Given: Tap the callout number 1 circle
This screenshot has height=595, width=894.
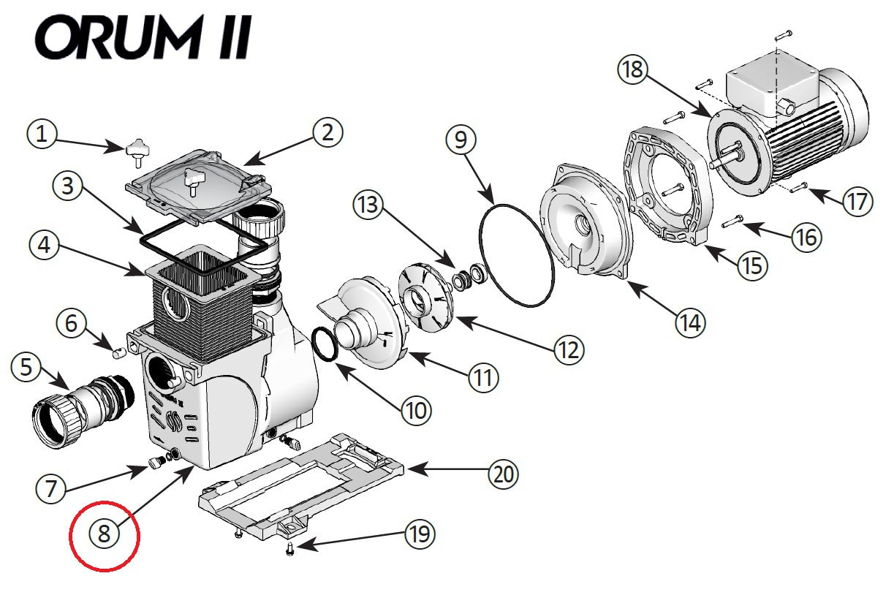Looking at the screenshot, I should [x=42, y=134].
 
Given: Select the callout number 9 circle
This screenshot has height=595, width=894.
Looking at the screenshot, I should [x=460, y=140].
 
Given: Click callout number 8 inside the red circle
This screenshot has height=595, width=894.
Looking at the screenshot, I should [x=104, y=534].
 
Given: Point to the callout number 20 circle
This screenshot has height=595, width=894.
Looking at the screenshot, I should [x=503, y=474].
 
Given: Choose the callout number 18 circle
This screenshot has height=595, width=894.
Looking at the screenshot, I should [x=633, y=70].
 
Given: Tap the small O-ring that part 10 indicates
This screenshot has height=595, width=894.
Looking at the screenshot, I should [x=325, y=344].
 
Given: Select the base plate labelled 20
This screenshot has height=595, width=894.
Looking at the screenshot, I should [x=300, y=482].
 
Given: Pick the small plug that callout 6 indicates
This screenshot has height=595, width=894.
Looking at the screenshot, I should [x=118, y=354].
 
